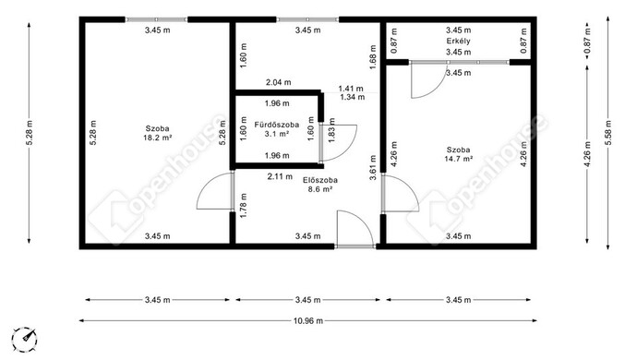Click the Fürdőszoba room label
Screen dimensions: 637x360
(x=277, y=125)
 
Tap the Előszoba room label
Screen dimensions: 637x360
(x=320, y=180)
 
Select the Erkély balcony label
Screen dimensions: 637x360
(x=458, y=41)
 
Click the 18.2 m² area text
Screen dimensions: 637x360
(x=157, y=138)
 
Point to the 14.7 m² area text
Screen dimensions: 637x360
(x=458, y=159)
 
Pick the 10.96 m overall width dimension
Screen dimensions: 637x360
(x=308, y=321)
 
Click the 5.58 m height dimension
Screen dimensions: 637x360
(x=607, y=133)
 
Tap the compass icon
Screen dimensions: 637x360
(x=24, y=340)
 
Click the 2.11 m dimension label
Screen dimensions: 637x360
(x=280, y=176)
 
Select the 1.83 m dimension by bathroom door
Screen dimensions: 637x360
(x=332, y=130)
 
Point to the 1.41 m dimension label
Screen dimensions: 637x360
(x=351, y=89)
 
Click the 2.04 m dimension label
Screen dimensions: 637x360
(x=278, y=82)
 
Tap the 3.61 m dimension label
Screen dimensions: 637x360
(x=373, y=167)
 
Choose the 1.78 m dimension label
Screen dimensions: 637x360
(x=244, y=205)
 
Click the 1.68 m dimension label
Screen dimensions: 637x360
(x=373, y=57)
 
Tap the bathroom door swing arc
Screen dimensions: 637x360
(x=349, y=150)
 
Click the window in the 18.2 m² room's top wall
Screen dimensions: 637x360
(x=156, y=19)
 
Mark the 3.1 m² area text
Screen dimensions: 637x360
(x=277, y=133)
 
